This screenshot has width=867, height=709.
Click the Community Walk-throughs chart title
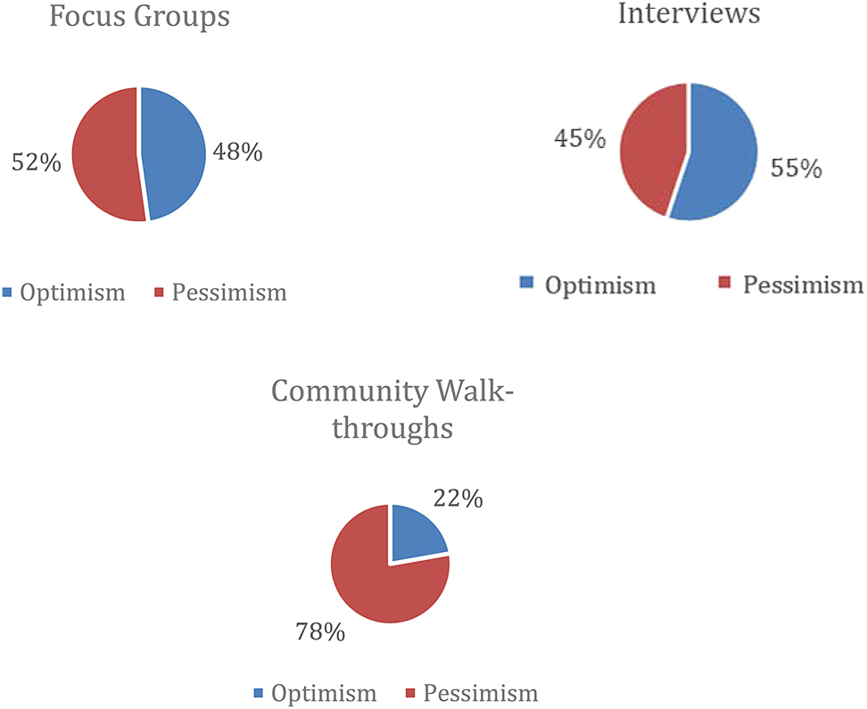tap(392, 409)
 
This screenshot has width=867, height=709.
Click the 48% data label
tap(237, 153)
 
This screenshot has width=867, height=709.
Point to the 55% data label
tap(796, 169)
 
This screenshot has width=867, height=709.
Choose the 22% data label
tap(458, 498)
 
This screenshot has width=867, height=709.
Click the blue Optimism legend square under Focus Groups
tap(9, 293)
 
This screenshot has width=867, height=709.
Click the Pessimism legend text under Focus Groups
tap(229, 293)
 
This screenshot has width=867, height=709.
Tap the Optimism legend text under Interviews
tap(599, 285)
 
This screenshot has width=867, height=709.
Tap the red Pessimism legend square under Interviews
tap(725, 284)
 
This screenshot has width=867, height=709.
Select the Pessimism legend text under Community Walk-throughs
tap(480, 693)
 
